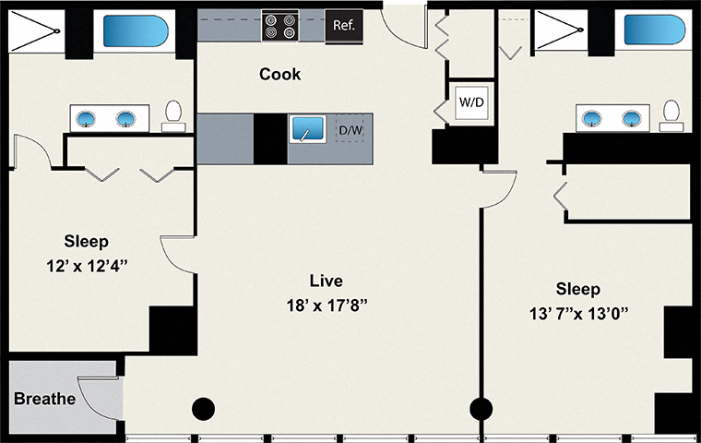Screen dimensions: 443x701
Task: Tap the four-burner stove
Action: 279,26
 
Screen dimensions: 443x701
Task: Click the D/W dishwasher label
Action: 350,131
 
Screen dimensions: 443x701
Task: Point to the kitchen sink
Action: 305,130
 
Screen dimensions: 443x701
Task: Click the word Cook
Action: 279,75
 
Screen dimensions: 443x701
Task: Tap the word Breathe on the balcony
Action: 43,400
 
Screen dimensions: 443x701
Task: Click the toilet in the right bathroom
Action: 671,114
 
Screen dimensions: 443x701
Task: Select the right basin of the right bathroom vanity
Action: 632,118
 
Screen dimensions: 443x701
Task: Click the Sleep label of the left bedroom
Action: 86,242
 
